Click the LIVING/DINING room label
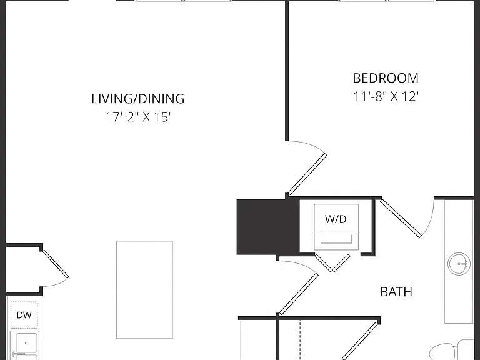[138, 99]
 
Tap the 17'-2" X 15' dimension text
[137, 117]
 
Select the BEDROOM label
[386, 78]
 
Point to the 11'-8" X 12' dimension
[386, 96]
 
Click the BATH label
[396, 292]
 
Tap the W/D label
[336, 219]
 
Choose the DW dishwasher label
[24, 315]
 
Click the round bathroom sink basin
[459, 264]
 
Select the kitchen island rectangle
[144, 289]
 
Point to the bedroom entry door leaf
[307, 174]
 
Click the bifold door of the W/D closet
[332, 263]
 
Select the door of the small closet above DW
[56, 264]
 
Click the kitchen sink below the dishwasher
[24, 345]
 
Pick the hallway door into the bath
[299, 294]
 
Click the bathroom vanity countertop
[459, 262]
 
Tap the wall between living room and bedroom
[287, 71]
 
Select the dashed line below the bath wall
[300, 340]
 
